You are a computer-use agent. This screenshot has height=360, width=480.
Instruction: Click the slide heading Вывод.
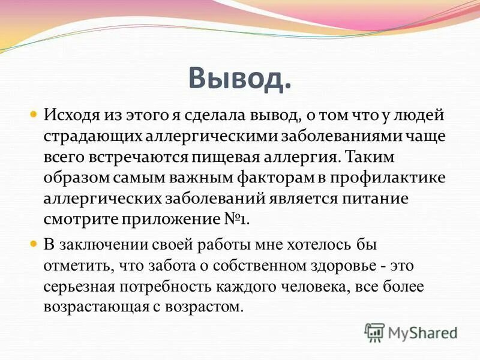[x=239, y=77]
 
